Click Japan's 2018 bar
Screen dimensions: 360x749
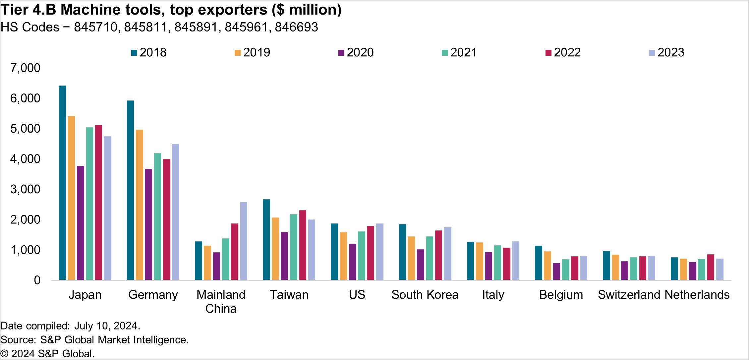pos(62,183)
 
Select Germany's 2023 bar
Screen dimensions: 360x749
pos(176,212)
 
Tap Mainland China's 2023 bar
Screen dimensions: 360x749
pos(244,241)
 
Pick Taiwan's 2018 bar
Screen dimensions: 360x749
pos(266,239)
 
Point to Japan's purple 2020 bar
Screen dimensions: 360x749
pos(81,223)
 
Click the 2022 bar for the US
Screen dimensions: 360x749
pos(371,253)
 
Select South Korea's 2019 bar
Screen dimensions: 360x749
pos(411,258)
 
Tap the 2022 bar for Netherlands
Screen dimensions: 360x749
pos(711,267)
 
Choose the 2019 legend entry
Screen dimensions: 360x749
pos(253,52)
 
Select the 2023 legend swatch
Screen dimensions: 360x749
pos(652,53)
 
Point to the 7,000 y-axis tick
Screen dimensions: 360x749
pos(26,68)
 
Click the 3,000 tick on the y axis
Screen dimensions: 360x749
pos(26,189)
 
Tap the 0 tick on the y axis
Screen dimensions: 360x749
pos(37,280)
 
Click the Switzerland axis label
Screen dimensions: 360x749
pos(629,295)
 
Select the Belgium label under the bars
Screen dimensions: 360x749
pos(561,295)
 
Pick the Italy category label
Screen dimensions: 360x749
pos(493,295)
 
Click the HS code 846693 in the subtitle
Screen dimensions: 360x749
pos(296,27)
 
